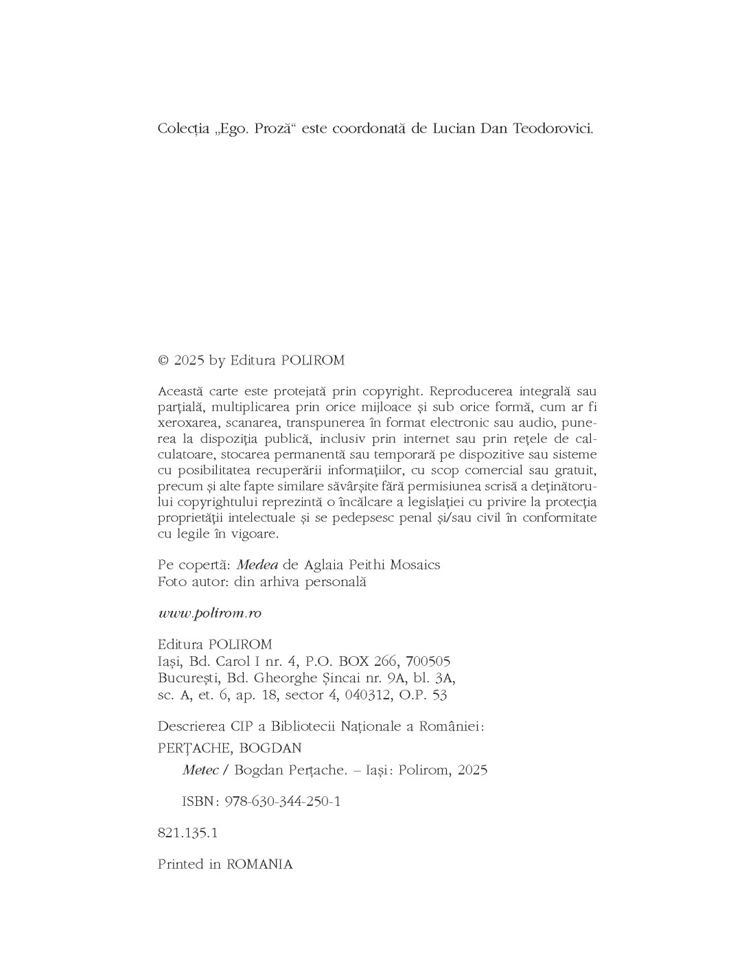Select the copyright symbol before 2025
pos(163,360)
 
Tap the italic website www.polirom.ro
pos(209,613)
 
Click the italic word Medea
pos(257,565)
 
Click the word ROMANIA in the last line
pos(259,865)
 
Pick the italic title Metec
pos(200,770)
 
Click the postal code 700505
pos(428,662)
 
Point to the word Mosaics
pos(415,565)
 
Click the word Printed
pos(181,865)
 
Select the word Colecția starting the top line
pos(183,129)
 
